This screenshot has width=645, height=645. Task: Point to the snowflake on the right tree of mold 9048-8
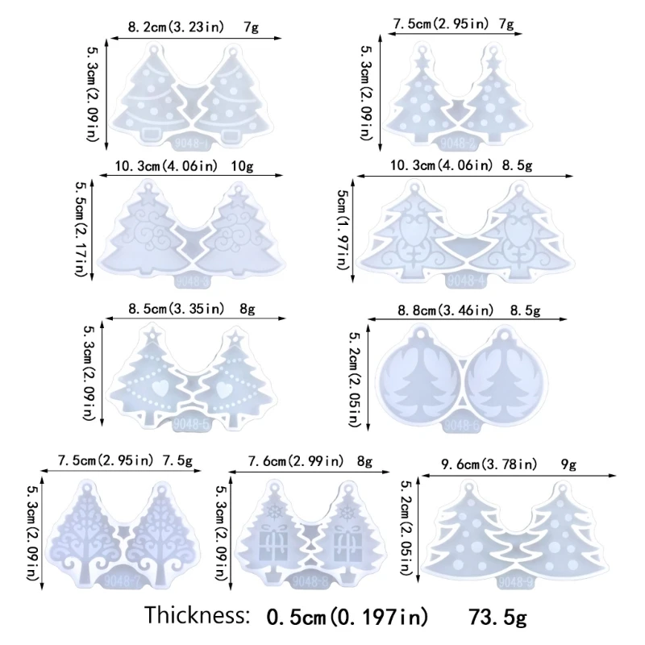[x=348, y=511]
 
